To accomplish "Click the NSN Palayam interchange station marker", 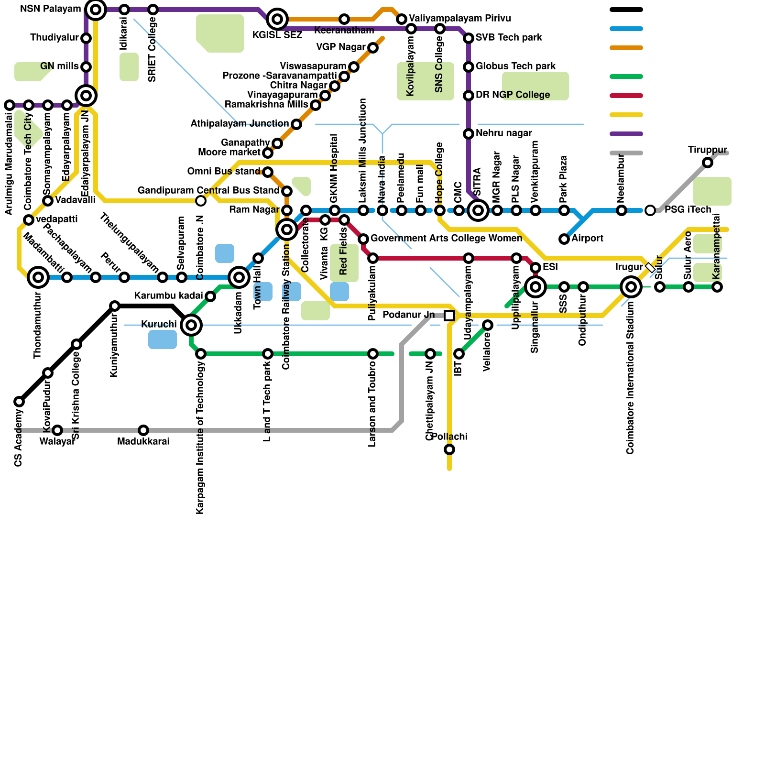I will (x=96, y=10).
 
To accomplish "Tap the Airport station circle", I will (x=564, y=239).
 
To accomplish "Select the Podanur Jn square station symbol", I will (x=449, y=316).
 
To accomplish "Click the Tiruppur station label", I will (x=707, y=150).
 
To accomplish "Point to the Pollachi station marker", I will (x=449, y=449).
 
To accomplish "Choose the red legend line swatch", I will (x=626, y=96).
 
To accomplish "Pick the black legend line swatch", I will (x=626, y=10).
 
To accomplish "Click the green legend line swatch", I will (x=626, y=76).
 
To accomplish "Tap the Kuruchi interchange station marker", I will (x=191, y=325).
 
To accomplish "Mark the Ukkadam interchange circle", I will (x=239, y=277).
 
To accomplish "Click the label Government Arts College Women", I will (x=446, y=238).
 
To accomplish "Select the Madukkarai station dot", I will (x=143, y=430).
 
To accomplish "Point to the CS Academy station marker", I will (x=19, y=402).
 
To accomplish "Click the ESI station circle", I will (x=535, y=268).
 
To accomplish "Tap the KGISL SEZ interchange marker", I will (x=277, y=19).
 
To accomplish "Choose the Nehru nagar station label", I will (x=503, y=133).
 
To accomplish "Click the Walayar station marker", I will (x=57, y=430).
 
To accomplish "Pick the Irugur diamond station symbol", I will (x=650, y=268).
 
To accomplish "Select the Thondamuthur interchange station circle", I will (x=38, y=277).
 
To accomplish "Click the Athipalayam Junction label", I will (x=240, y=124).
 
